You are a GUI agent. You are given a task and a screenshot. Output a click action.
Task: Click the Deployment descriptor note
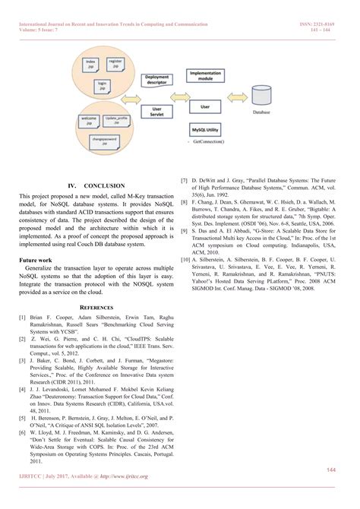point(156,81)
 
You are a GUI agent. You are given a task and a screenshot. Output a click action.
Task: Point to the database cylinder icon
point(261,101)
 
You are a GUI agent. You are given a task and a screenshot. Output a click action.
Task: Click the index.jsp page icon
point(91,63)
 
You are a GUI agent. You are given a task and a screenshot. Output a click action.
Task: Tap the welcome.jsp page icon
point(89,121)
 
